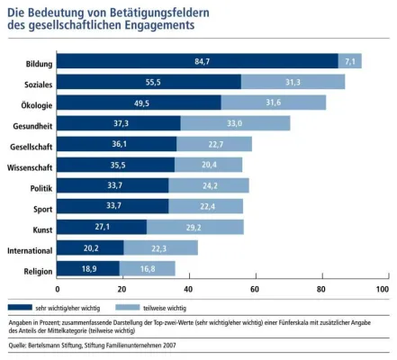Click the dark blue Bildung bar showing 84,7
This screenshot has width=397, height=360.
[x=198, y=61]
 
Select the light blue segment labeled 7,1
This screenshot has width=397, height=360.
[x=349, y=61]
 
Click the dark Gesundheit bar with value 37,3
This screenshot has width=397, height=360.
[x=119, y=123]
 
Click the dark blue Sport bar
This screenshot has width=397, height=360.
[x=113, y=207]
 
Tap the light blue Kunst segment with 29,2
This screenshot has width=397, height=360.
[x=194, y=228]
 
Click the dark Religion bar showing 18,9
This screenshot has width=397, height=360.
[x=88, y=269]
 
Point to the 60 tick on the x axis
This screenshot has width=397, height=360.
[x=255, y=290]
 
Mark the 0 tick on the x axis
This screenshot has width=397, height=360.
[x=58, y=290]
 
